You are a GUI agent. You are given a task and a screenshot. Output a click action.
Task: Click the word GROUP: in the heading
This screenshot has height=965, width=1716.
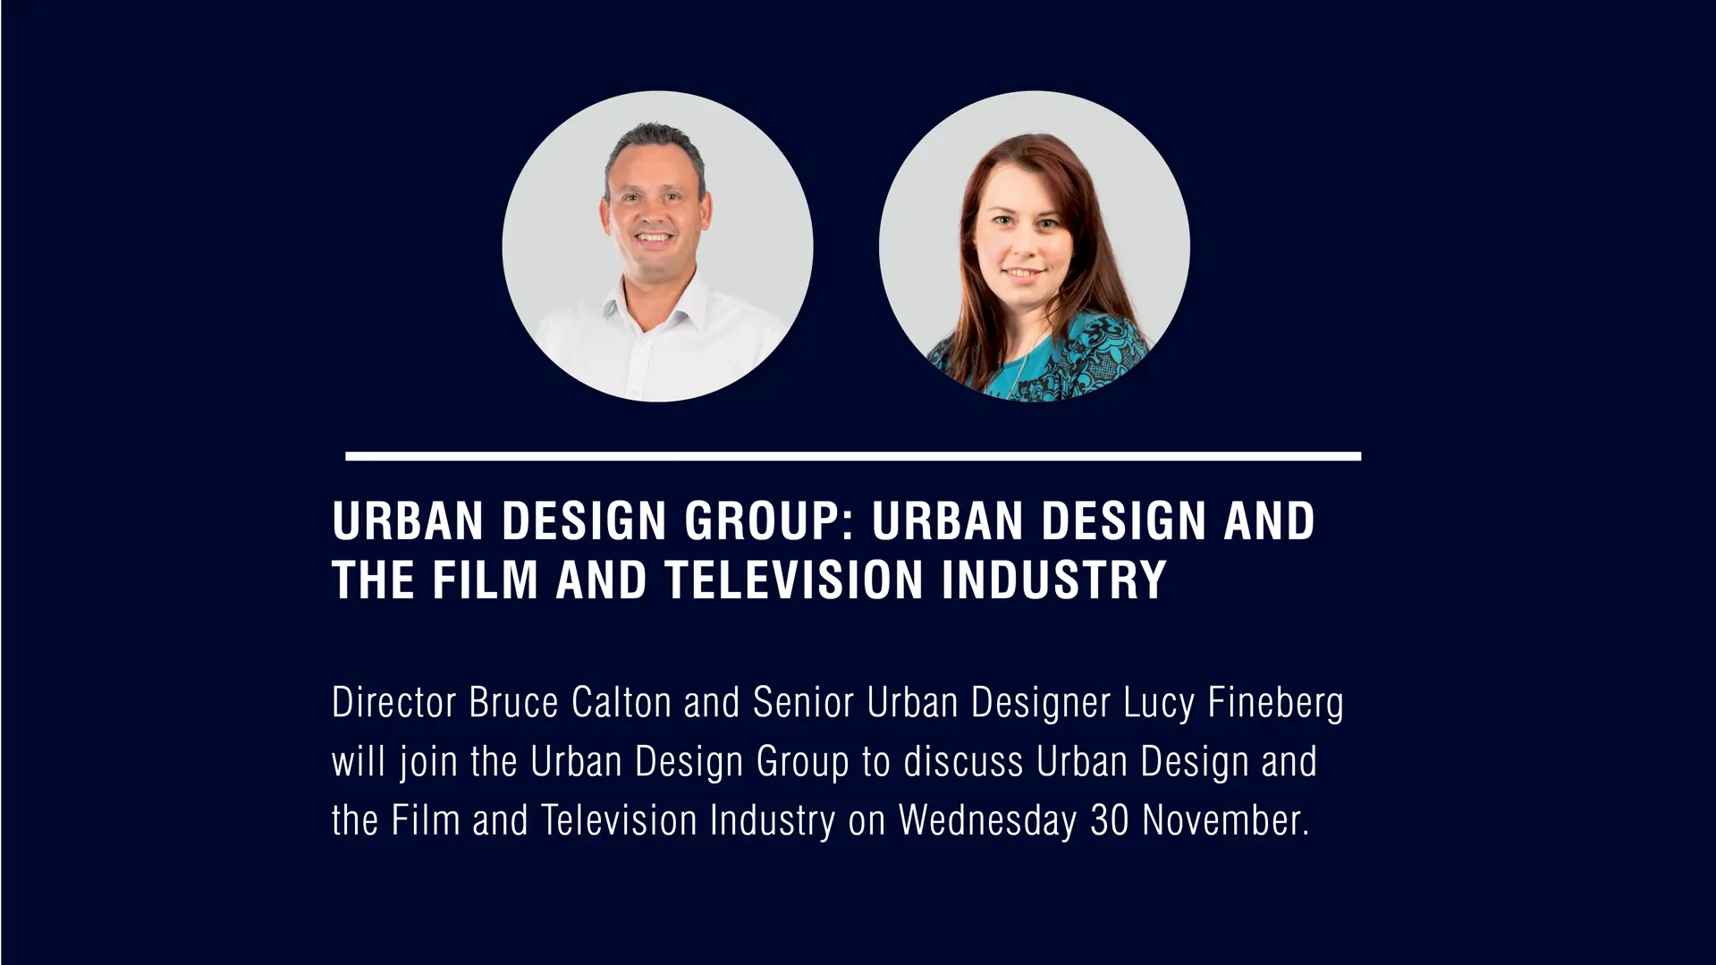(766, 521)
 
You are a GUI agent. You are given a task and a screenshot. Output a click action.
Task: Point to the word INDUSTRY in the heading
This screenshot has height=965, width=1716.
(1054, 580)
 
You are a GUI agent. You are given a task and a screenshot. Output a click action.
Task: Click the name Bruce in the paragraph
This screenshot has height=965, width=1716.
(513, 702)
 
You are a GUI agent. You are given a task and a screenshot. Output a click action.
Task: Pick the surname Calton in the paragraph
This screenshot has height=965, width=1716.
(621, 702)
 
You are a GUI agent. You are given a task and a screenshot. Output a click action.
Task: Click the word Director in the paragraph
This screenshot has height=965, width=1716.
(394, 702)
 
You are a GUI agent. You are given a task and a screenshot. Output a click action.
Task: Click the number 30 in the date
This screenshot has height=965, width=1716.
(1109, 821)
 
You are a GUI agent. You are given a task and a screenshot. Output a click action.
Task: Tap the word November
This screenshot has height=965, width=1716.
(1225, 821)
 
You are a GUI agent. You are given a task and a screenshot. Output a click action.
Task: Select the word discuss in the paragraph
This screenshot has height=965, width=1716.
(962, 762)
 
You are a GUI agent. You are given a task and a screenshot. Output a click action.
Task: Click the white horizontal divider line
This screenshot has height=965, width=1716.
(853, 456)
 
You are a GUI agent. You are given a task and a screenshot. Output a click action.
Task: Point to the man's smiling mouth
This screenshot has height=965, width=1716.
(654, 239)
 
